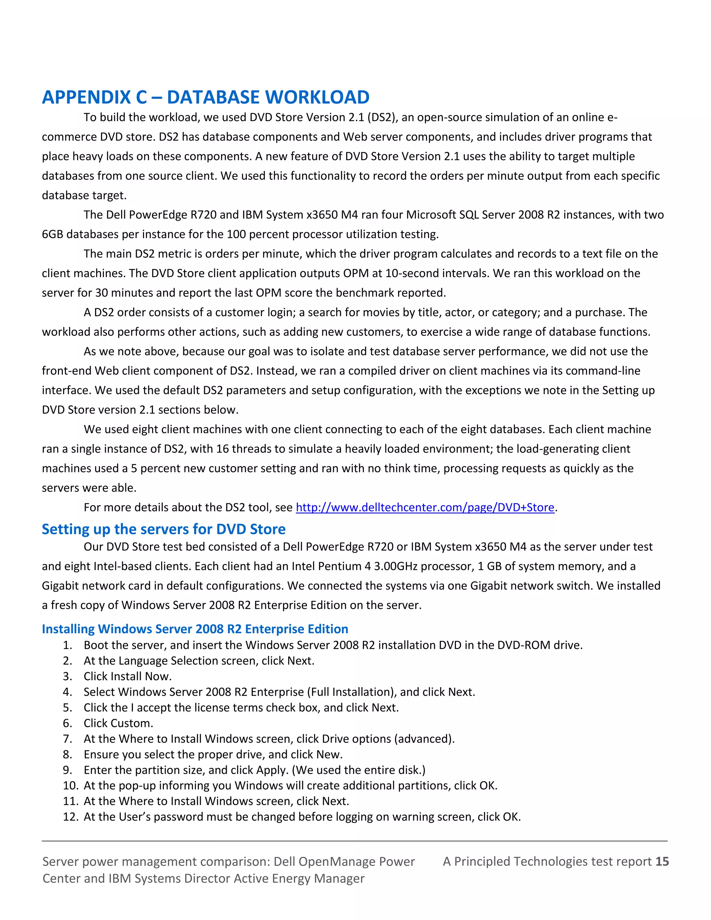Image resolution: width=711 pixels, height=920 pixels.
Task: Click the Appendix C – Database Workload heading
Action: coord(206,97)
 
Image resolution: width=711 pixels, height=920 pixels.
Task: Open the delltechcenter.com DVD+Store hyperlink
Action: coord(425,507)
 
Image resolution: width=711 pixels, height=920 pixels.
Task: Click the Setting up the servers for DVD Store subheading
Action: coord(164,529)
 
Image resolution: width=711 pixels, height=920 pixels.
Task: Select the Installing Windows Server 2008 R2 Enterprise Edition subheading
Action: coord(195,629)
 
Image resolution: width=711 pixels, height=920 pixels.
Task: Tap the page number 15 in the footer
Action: coord(662,861)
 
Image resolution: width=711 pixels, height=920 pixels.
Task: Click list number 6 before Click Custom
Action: coord(67,723)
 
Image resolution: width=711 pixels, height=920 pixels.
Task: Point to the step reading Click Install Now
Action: coord(128,677)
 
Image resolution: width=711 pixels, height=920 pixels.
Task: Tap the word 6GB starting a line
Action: coord(52,234)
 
